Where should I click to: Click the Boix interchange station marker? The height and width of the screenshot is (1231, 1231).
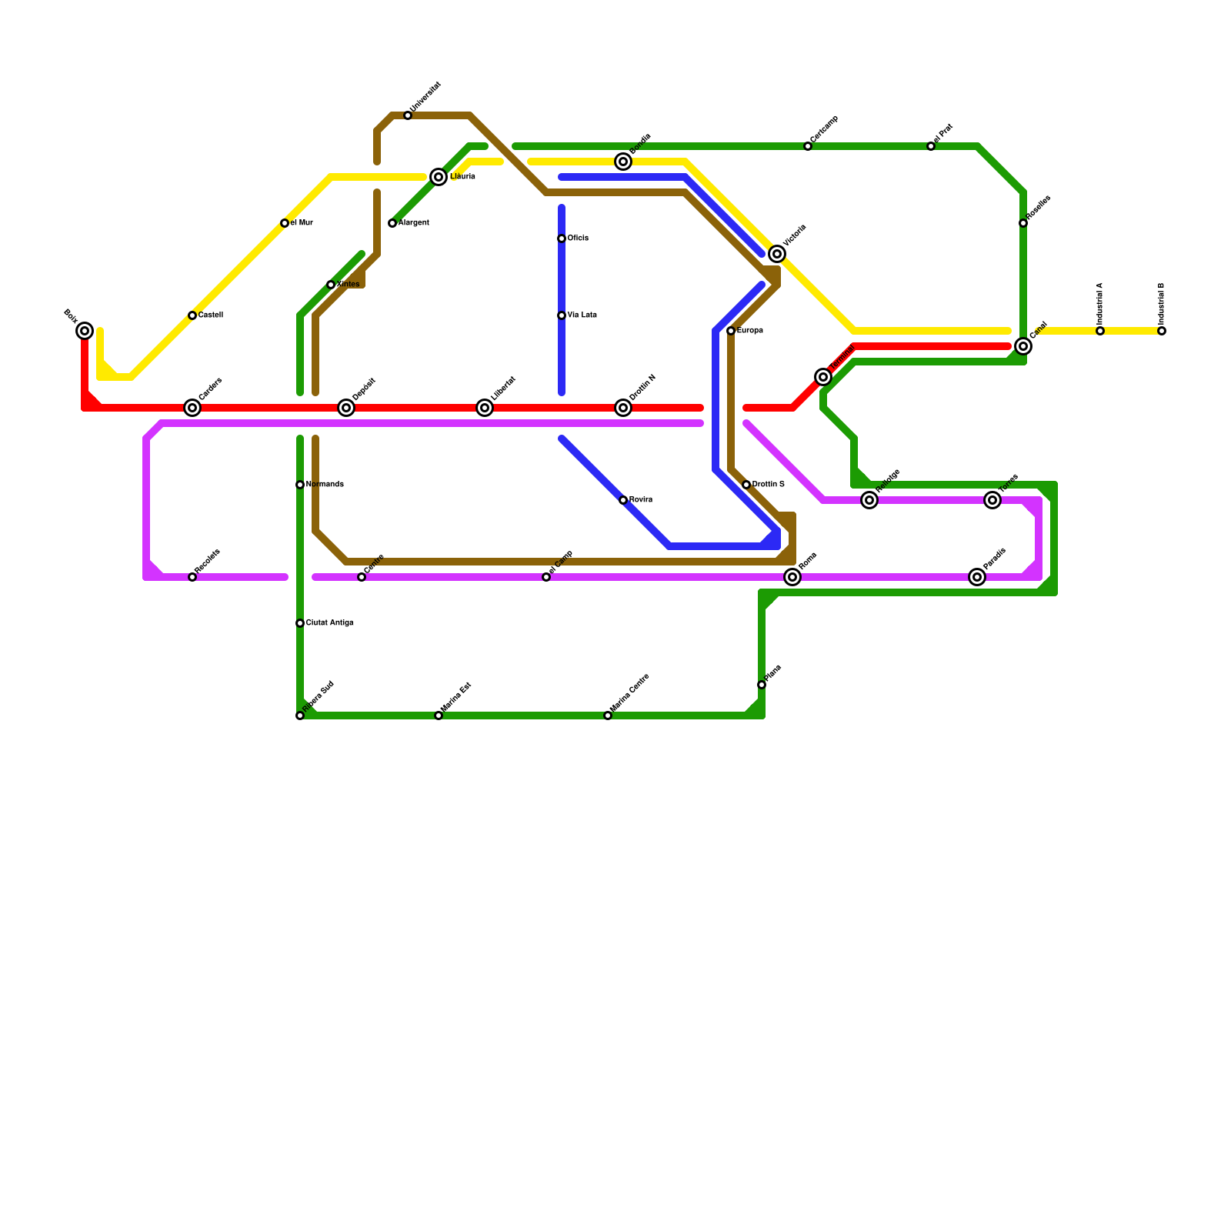(x=85, y=331)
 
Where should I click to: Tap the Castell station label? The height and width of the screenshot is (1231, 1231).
(x=210, y=315)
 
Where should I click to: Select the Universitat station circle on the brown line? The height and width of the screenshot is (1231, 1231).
(x=408, y=115)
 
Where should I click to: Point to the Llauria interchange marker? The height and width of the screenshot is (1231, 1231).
(x=439, y=177)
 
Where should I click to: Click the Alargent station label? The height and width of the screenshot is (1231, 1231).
(x=413, y=223)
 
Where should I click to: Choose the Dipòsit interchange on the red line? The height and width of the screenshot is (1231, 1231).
(x=346, y=408)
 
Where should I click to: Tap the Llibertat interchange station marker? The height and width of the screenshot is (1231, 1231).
(x=485, y=408)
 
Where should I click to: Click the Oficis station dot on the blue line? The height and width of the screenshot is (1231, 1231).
(x=562, y=239)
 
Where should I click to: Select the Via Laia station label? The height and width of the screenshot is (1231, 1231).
(x=582, y=315)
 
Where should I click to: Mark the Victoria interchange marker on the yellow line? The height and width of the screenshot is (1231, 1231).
(x=777, y=254)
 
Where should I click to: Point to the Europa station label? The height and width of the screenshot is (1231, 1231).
(x=749, y=331)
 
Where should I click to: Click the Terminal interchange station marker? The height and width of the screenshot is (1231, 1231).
(x=823, y=377)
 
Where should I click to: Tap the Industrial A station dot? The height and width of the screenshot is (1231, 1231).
(x=1100, y=331)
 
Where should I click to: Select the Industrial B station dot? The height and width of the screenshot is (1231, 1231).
(x=1162, y=331)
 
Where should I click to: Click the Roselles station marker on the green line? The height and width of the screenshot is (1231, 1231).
(x=1023, y=223)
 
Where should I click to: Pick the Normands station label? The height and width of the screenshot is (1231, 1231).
(x=324, y=485)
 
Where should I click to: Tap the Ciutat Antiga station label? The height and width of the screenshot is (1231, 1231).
(x=329, y=623)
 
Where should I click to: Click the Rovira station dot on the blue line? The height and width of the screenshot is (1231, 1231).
(x=623, y=500)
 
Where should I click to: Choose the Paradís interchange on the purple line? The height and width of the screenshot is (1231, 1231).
(x=977, y=577)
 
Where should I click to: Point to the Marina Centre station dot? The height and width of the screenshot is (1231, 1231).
(x=608, y=716)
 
